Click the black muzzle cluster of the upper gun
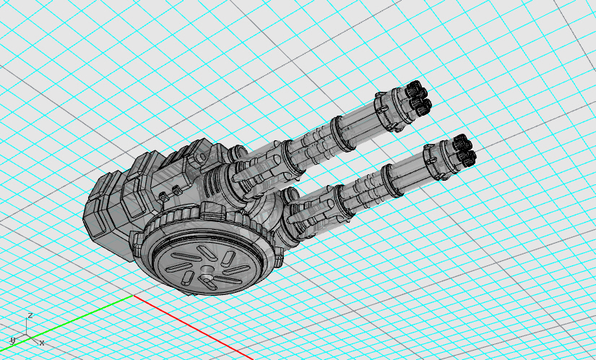[418, 98]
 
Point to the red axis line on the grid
[193, 327]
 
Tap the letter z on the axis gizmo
[30, 315]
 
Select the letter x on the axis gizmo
[42, 343]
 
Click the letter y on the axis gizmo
[12, 340]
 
